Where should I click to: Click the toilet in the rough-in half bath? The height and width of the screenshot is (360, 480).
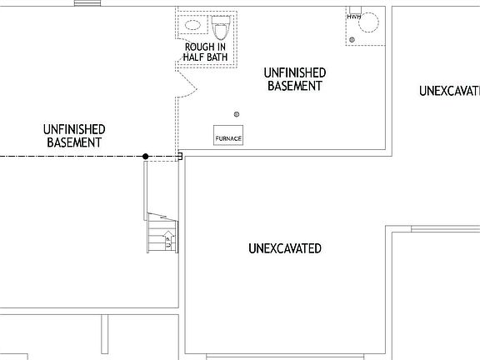(x=220, y=31)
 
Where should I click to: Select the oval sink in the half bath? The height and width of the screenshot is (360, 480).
(x=192, y=27)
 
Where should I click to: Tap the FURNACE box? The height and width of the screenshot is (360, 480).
(x=227, y=137)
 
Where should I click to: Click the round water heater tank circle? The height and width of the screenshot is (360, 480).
(x=367, y=23)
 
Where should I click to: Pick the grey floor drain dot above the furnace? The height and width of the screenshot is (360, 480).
(x=237, y=113)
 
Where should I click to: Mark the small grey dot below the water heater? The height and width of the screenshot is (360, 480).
(x=352, y=39)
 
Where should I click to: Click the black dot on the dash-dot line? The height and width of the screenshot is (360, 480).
(x=146, y=156)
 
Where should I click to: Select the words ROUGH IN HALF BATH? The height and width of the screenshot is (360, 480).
(x=205, y=51)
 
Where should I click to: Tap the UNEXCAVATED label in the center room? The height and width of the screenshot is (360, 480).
(x=285, y=248)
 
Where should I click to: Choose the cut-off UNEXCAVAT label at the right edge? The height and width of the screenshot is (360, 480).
(x=450, y=90)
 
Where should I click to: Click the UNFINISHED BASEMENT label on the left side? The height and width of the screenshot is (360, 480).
(x=73, y=136)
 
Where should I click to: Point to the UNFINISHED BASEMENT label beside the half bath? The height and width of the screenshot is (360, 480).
(x=294, y=79)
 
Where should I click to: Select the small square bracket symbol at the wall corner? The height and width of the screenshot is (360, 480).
(x=180, y=155)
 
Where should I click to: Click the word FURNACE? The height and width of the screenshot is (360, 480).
(x=227, y=137)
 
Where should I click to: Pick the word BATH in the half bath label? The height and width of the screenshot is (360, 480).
(x=216, y=57)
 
